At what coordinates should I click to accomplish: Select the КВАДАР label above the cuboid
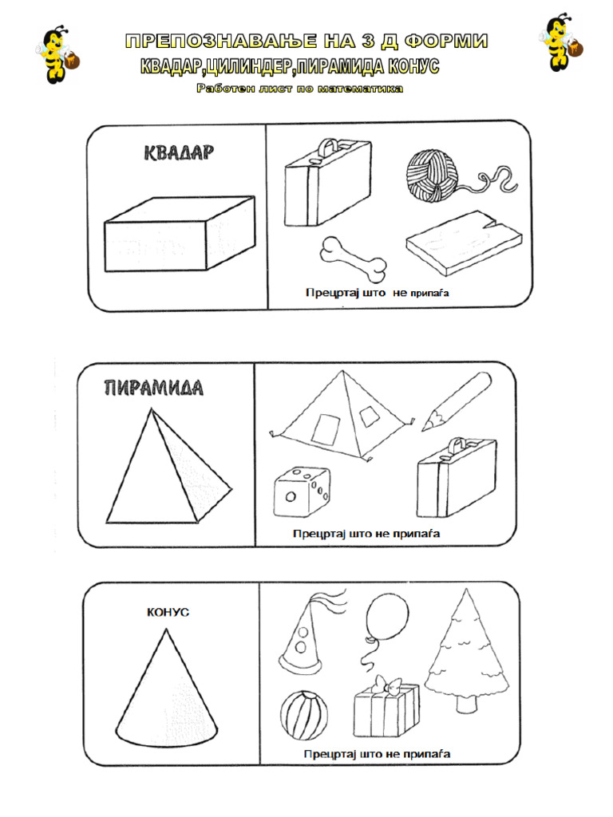[179, 153]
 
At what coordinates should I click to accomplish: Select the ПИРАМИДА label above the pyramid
[154, 389]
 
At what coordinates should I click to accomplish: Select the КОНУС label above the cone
[168, 612]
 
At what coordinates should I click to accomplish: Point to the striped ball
[303, 715]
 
